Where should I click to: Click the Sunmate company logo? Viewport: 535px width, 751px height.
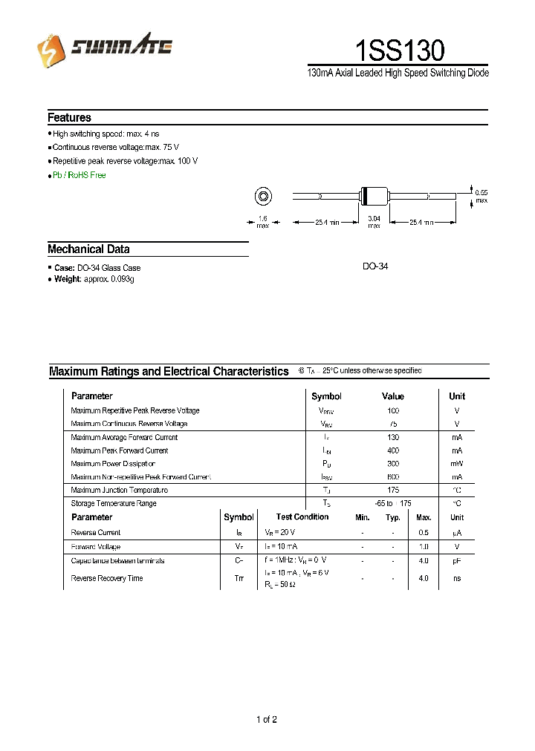click(x=105, y=49)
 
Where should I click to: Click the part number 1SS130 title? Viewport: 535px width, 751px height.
click(x=399, y=50)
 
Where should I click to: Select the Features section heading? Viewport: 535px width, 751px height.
click(x=69, y=117)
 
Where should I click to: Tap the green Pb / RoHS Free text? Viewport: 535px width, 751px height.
click(x=79, y=175)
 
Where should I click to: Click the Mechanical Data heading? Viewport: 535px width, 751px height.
click(x=88, y=249)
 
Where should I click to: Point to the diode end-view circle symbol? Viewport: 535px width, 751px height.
click(x=262, y=197)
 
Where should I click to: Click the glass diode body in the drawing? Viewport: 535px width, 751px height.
click(x=373, y=196)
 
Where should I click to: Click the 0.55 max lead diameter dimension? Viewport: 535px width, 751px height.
click(x=481, y=196)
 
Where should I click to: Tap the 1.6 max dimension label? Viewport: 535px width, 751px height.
click(x=262, y=221)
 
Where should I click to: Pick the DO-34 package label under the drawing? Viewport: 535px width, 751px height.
click(x=375, y=266)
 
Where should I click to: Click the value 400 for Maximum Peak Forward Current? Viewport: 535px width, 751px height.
click(x=393, y=450)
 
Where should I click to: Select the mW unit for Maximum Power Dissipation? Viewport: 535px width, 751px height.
click(x=456, y=464)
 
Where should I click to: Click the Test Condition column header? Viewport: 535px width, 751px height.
click(x=302, y=517)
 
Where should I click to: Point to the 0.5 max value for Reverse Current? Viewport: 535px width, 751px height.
click(x=424, y=533)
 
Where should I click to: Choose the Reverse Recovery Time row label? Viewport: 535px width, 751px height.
click(x=107, y=578)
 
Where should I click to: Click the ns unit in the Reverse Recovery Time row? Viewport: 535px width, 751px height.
click(x=456, y=578)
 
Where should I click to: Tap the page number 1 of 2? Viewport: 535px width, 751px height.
click(x=267, y=719)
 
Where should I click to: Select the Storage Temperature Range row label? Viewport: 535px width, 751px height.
click(x=114, y=503)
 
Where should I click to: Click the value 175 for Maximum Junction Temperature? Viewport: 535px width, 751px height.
click(x=393, y=490)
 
